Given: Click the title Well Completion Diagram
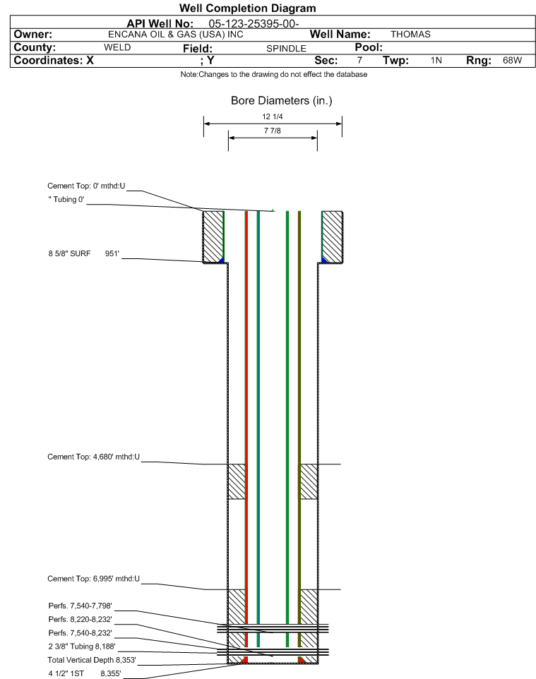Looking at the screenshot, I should click(248, 8).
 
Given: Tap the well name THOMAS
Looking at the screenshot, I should click(410, 35).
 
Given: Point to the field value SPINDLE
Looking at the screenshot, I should click(286, 49).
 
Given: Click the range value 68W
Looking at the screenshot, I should click(512, 61).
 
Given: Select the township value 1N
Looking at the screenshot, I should click(436, 61).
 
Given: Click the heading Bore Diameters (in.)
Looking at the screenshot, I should click(281, 101).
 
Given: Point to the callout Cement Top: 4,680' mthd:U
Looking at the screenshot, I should click(94, 457).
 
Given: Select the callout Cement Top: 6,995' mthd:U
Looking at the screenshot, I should click(94, 579).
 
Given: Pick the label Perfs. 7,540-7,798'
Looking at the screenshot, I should click(81, 606).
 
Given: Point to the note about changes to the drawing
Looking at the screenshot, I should click(274, 75).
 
